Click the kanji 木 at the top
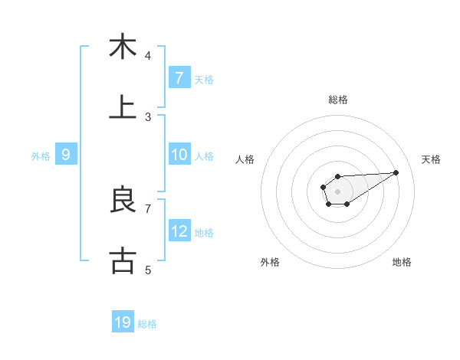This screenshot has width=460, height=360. point(123,47)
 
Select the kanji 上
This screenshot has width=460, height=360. point(123,107)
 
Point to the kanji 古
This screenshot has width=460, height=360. point(123,260)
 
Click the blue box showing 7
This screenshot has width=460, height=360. point(179,77)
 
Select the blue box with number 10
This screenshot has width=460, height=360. point(179,155)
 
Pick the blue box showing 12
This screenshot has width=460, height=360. point(179,231)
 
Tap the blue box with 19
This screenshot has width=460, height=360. point(123,322)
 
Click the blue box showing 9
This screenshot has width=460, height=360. point(66,155)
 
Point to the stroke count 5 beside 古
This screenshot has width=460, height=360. point(148,270)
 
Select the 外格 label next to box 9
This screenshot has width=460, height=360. point(41,155)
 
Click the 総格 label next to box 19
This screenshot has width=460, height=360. point(147,323)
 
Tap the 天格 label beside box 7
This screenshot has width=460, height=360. point(204,78)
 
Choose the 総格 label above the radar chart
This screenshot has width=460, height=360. point(338,100)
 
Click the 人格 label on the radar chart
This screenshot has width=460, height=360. point(245,159)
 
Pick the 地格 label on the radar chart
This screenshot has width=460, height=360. point(402,262)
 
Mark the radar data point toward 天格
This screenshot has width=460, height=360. point(396,172)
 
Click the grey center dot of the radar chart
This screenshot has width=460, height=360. point(337,191)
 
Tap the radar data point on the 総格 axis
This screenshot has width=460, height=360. point(337,177)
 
